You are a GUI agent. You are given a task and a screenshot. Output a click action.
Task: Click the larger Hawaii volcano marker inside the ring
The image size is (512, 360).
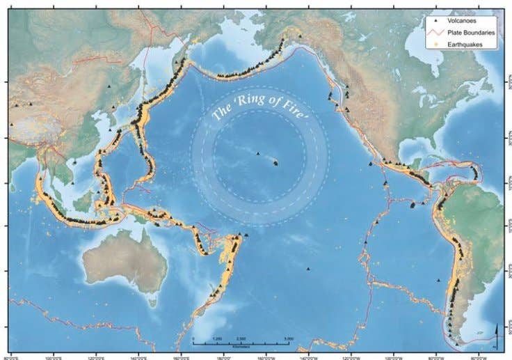point(276,163)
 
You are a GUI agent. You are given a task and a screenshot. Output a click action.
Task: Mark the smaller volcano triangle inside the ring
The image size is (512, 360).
point(258,154)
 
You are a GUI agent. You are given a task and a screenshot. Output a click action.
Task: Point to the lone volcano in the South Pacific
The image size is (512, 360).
point(307,269)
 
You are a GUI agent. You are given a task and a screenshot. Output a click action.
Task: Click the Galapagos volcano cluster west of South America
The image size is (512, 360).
point(413,205)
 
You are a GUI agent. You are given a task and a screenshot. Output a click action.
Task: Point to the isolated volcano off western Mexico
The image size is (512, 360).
point(371,164)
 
